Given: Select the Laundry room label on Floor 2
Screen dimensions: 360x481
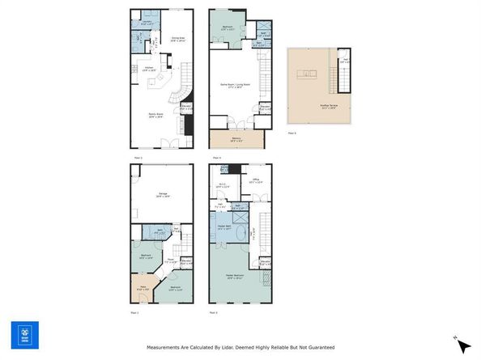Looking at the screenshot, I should [x=137, y=22].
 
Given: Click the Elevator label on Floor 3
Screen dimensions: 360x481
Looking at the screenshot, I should [x=265, y=263].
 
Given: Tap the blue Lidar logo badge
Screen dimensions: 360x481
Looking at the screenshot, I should [x=24, y=335].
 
